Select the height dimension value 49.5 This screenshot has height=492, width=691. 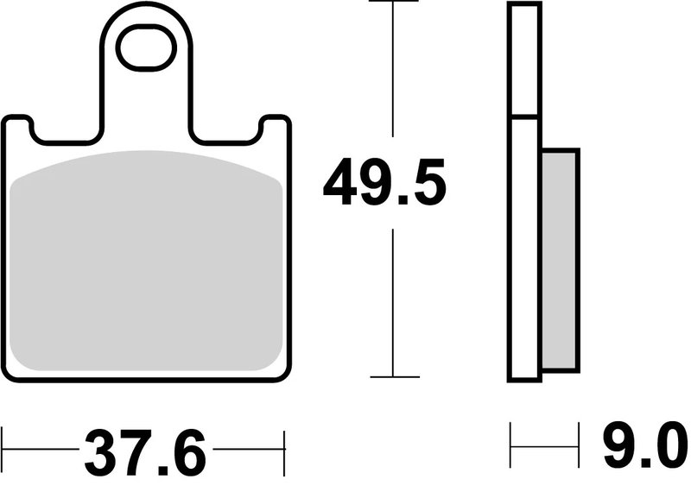coord(384,183)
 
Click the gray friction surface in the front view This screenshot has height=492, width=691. coord(147,259)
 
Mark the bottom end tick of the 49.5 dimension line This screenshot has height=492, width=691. coord(394,376)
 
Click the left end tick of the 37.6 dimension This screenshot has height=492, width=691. coord(3,449)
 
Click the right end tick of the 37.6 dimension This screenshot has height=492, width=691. coord(283,449)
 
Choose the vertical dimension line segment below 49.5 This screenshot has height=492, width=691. coord(394,302)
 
